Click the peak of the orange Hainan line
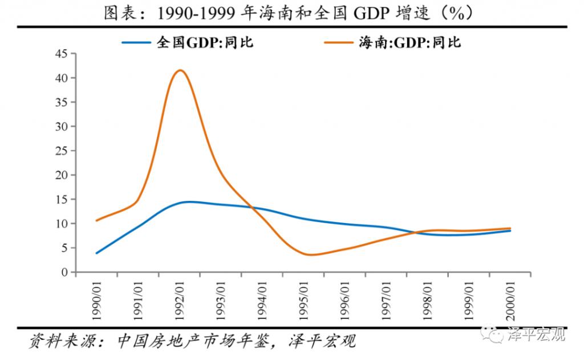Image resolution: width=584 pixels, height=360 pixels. (180, 70)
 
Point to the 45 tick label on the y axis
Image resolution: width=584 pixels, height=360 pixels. (62, 54)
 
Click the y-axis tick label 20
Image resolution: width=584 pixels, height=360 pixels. (62, 175)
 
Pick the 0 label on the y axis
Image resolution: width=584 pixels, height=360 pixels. (65, 272)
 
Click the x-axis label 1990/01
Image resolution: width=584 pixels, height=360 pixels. (96, 300)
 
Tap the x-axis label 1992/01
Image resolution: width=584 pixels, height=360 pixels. (180, 300)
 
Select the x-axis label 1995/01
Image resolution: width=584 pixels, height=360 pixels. (304, 300)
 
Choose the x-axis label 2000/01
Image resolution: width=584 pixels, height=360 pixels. (510, 300)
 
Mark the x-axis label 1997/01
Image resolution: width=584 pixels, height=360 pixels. (386, 300)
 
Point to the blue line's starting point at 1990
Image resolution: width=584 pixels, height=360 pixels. (97, 253)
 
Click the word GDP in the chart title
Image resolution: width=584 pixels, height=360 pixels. (371, 14)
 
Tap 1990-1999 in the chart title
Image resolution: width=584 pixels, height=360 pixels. (196, 14)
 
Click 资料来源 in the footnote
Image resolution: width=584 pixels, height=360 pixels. (63, 341)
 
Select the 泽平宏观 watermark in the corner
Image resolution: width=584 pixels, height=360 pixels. (537, 334)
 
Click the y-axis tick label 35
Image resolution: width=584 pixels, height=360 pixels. (62, 103)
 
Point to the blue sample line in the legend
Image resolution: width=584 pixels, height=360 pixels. (136, 43)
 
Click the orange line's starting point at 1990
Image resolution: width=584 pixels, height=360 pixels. (97, 220)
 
